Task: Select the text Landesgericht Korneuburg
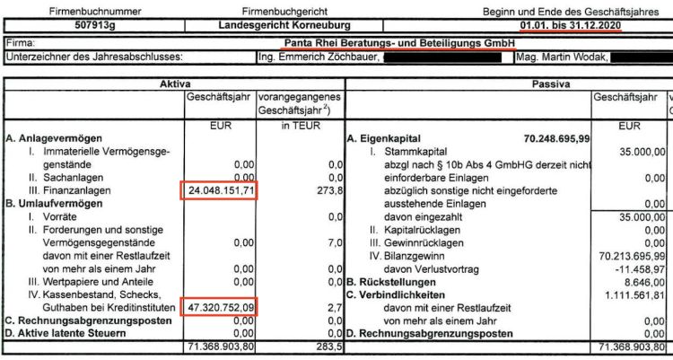pos(286,25)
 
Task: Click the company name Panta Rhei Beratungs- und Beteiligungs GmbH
pos(399,43)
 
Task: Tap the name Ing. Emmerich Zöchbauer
pos(318,57)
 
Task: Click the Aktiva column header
pos(173,83)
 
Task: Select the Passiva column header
pos(509,83)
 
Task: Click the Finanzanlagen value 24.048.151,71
pos(220,190)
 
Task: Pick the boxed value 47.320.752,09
pos(220,307)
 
